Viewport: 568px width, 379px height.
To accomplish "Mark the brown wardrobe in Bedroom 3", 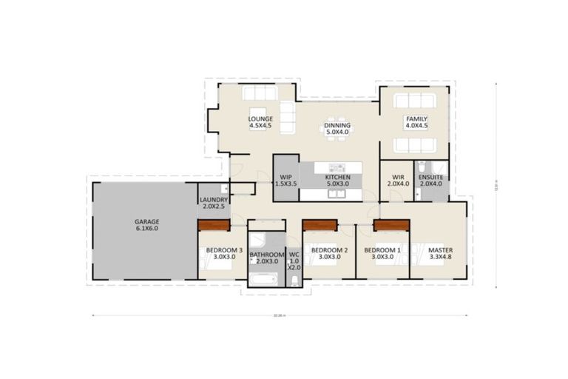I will coord(214,227).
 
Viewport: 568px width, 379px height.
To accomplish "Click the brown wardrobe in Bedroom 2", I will coord(320,225).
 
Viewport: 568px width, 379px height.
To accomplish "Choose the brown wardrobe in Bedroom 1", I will coord(391,225).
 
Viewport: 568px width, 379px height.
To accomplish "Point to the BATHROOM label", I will coord(266,257).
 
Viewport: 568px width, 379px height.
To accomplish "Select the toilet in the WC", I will coord(294,279).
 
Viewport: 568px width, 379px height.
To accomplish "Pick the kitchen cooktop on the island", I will coord(337,168).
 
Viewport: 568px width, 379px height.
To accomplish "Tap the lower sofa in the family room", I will coord(414,145).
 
